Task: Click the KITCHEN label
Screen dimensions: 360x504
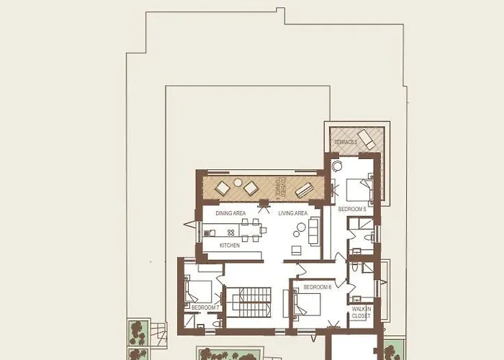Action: [x=230, y=246]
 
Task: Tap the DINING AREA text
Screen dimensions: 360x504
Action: [x=230, y=213]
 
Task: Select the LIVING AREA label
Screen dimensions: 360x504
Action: [x=293, y=213]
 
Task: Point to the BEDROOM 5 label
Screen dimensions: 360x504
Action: [x=353, y=209]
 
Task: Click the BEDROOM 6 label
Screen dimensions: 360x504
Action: [x=317, y=287]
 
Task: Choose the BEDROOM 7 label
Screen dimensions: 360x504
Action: [x=204, y=307]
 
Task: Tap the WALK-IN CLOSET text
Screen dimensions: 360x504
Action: [x=361, y=312]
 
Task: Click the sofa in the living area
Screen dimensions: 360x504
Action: [x=314, y=232]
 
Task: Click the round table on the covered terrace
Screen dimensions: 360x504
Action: [x=238, y=183]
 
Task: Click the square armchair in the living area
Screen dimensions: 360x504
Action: [x=296, y=250]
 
